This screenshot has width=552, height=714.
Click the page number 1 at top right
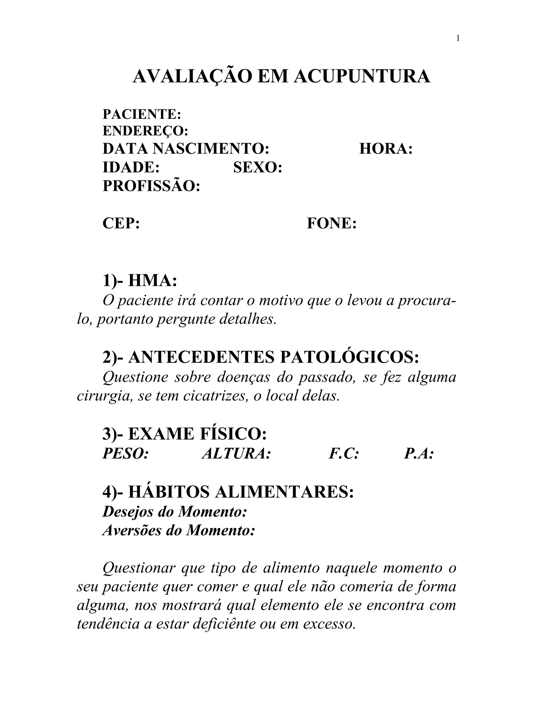point(458,39)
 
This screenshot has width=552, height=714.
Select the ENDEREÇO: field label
point(146,131)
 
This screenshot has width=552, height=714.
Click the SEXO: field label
point(258,168)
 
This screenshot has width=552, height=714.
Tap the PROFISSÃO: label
point(151,186)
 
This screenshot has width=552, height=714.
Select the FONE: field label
point(332,224)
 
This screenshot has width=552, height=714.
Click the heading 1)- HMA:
point(140,281)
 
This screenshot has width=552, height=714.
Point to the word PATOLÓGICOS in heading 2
point(349,357)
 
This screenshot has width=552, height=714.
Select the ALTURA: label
point(236,454)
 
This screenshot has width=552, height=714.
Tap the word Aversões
point(132,530)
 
